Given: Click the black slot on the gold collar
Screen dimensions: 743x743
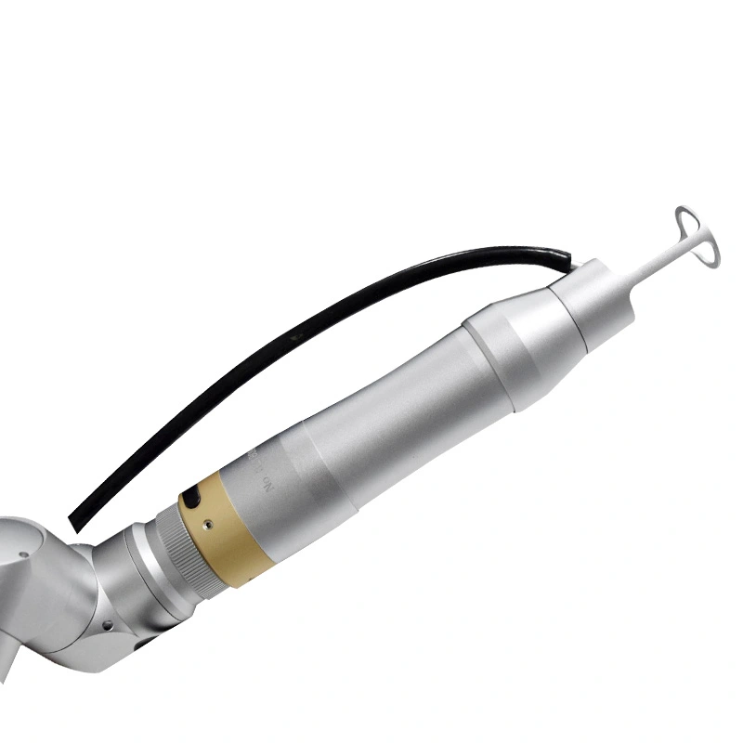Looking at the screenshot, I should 193,499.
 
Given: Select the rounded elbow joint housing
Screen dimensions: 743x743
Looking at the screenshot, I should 46,594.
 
